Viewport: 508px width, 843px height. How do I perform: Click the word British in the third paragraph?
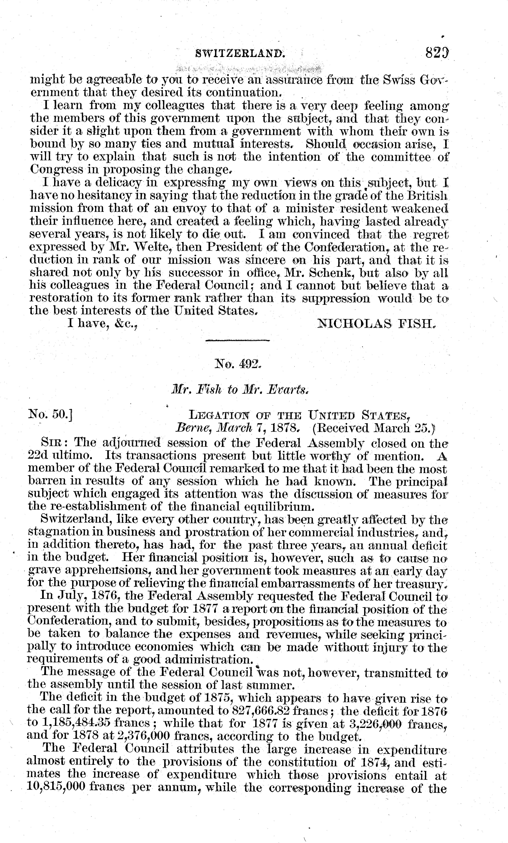click(427, 195)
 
